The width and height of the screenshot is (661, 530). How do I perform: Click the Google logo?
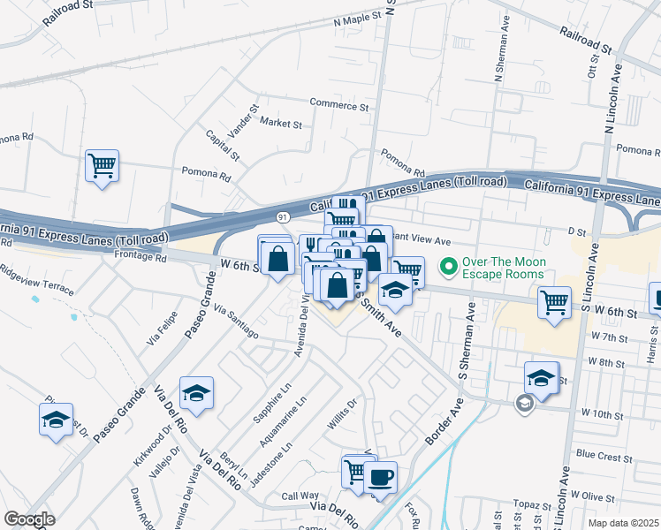(29, 519)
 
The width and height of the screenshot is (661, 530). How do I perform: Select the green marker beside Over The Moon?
(449, 264)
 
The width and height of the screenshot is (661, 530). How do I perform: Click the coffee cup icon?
(380, 478)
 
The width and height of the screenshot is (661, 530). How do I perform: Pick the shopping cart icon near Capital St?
(102, 165)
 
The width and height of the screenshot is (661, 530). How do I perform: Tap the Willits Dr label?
(341, 414)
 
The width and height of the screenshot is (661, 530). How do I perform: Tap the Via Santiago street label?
(235, 322)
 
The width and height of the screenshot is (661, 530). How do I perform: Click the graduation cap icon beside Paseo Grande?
(196, 393)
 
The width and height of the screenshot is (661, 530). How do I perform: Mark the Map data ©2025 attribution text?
(624, 523)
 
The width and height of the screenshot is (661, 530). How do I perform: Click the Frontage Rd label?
(140, 259)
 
